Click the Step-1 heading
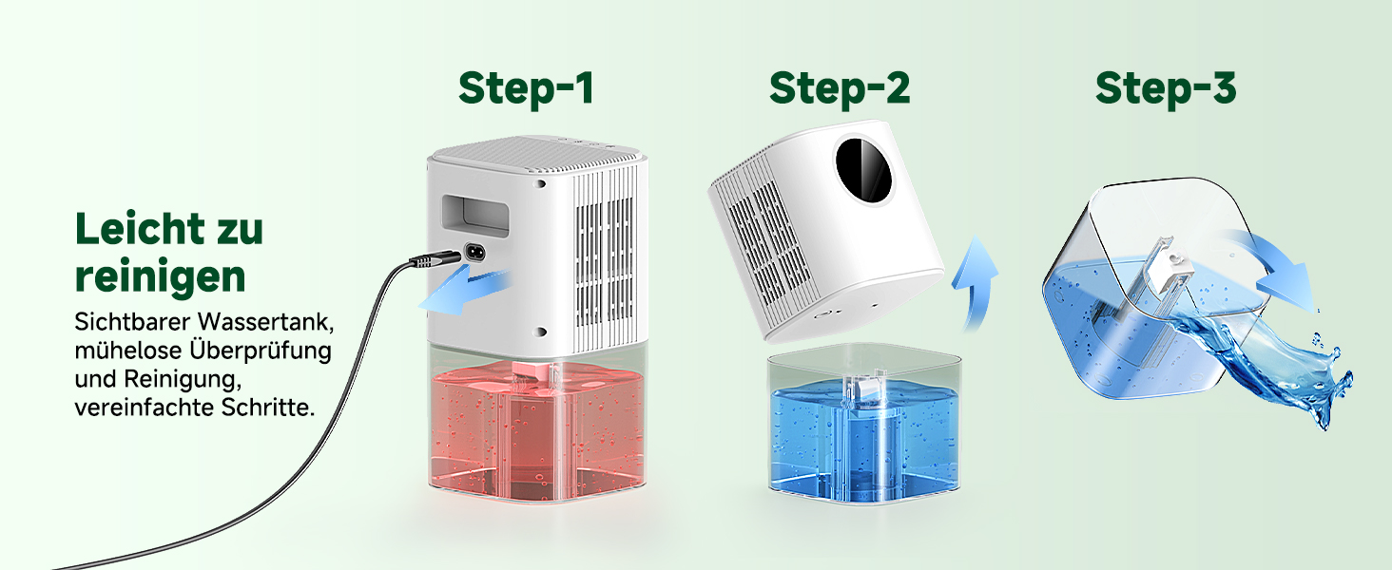point(526,88)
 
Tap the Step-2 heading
point(840,88)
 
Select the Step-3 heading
point(1166,88)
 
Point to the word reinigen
point(161,277)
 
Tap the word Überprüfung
point(260,351)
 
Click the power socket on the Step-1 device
point(474,253)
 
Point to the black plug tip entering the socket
point(435,259)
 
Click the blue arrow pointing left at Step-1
point(465,291)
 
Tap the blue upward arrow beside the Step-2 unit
point(976,282)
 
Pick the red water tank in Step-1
point(537,431)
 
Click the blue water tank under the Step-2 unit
point(864,435)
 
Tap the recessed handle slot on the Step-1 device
point(475,216)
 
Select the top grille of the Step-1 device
point(534,152)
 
